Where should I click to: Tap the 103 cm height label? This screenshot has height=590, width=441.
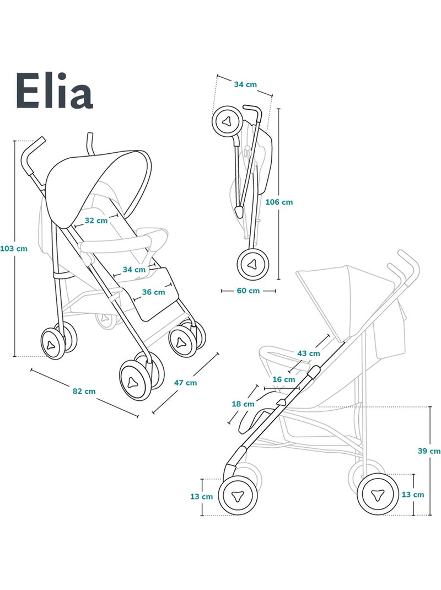[x=14, y=248]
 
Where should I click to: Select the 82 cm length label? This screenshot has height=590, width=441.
[x=84, y=391]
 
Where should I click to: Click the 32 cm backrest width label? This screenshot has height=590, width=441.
[x=96, y=221]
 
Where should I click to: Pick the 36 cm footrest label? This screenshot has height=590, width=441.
[x=153, y=292]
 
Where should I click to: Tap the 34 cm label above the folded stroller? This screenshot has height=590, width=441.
[x=245, y=84]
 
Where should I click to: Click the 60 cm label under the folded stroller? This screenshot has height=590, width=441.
[x=248, y=291]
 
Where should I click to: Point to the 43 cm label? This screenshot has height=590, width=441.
[x=309, y=353]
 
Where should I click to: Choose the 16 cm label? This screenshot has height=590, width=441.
[x=284, y=379]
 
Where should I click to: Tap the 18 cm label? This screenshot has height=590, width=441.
[x=243, y=404]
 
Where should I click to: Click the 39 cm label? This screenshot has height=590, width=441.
[x=429, y=450]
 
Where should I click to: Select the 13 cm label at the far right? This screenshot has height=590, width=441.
[x=413, y=495]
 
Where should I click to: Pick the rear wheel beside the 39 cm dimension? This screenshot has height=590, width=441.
[x=378, y=494]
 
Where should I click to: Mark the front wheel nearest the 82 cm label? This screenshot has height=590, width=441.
[x=135, y=380]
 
